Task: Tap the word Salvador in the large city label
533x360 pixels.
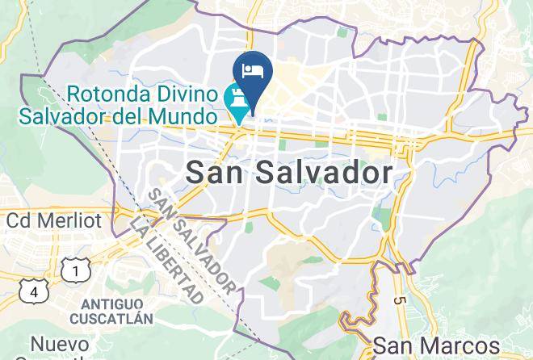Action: pyautogui.click(x=325, y=172)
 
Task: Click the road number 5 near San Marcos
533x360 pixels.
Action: pyautogui.click(x=401, y=301)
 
